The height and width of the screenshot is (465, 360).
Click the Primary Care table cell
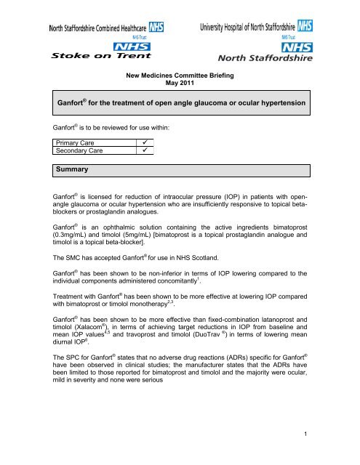pos(70,153)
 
